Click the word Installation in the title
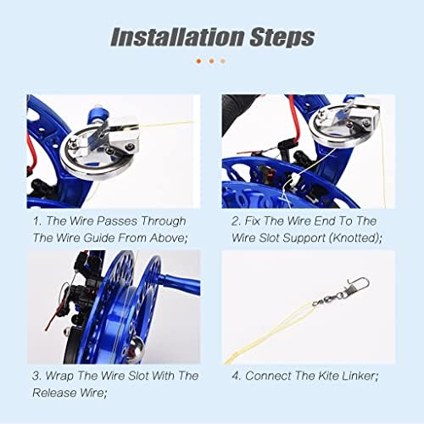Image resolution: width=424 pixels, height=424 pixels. click(x=177, y=37)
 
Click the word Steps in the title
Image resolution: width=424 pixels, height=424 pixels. click(x=282, y=37)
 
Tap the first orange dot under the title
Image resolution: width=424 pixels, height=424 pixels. click(x=198, y=61)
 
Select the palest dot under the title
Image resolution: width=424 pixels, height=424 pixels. click(x=223, y=61)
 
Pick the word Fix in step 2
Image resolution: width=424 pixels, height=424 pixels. click(x=252, y=220)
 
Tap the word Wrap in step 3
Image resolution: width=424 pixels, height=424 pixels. click(x=60, y=376)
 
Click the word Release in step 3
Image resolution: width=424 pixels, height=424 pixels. click(x=54, y=393)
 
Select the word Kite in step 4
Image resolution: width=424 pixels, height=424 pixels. click(x=328, y=376)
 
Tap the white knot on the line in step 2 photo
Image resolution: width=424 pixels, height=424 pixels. click(x=294, y=178)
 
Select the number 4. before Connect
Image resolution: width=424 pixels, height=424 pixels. click(x=237, y=376)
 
